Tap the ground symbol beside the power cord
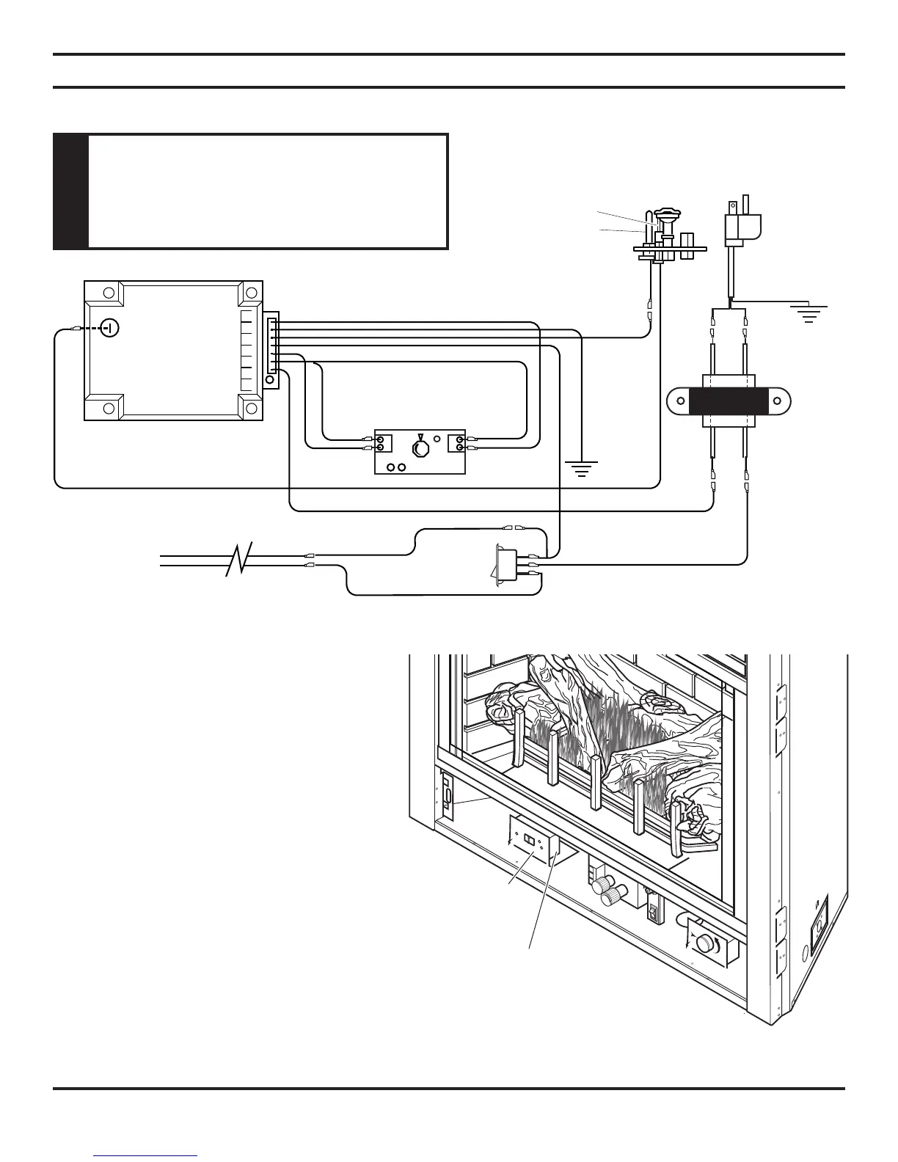point(808,315)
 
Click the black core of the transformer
point(729,402)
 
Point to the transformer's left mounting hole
point(681,402)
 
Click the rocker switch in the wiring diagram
point(504,565)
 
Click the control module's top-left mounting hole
point(109,293)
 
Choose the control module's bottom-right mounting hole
point(251,408)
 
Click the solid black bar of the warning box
point(71,192)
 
